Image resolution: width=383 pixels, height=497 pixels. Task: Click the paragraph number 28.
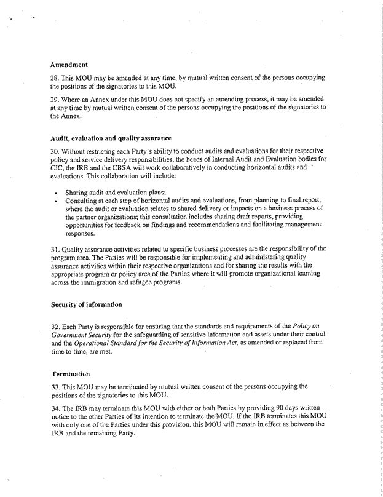pyautogui.click(x=54, y=79)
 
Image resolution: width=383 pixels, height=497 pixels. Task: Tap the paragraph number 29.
pyautogui.click(x=54, y=98)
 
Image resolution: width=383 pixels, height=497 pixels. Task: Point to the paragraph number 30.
pyautogui.click(x=54, y=151)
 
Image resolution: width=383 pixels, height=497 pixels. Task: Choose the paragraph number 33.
pyautogui.click(x=54, y=388)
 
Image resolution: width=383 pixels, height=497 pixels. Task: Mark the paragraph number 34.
pyautogui.click(x=54, y=408)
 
